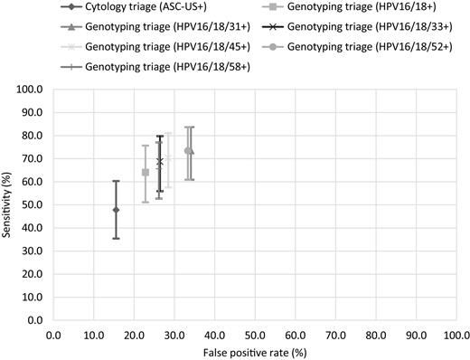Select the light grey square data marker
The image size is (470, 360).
[146, 172]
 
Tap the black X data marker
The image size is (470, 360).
[160, 161]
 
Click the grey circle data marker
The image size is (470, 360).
[188, 151]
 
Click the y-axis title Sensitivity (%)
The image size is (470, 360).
[9, 204]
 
